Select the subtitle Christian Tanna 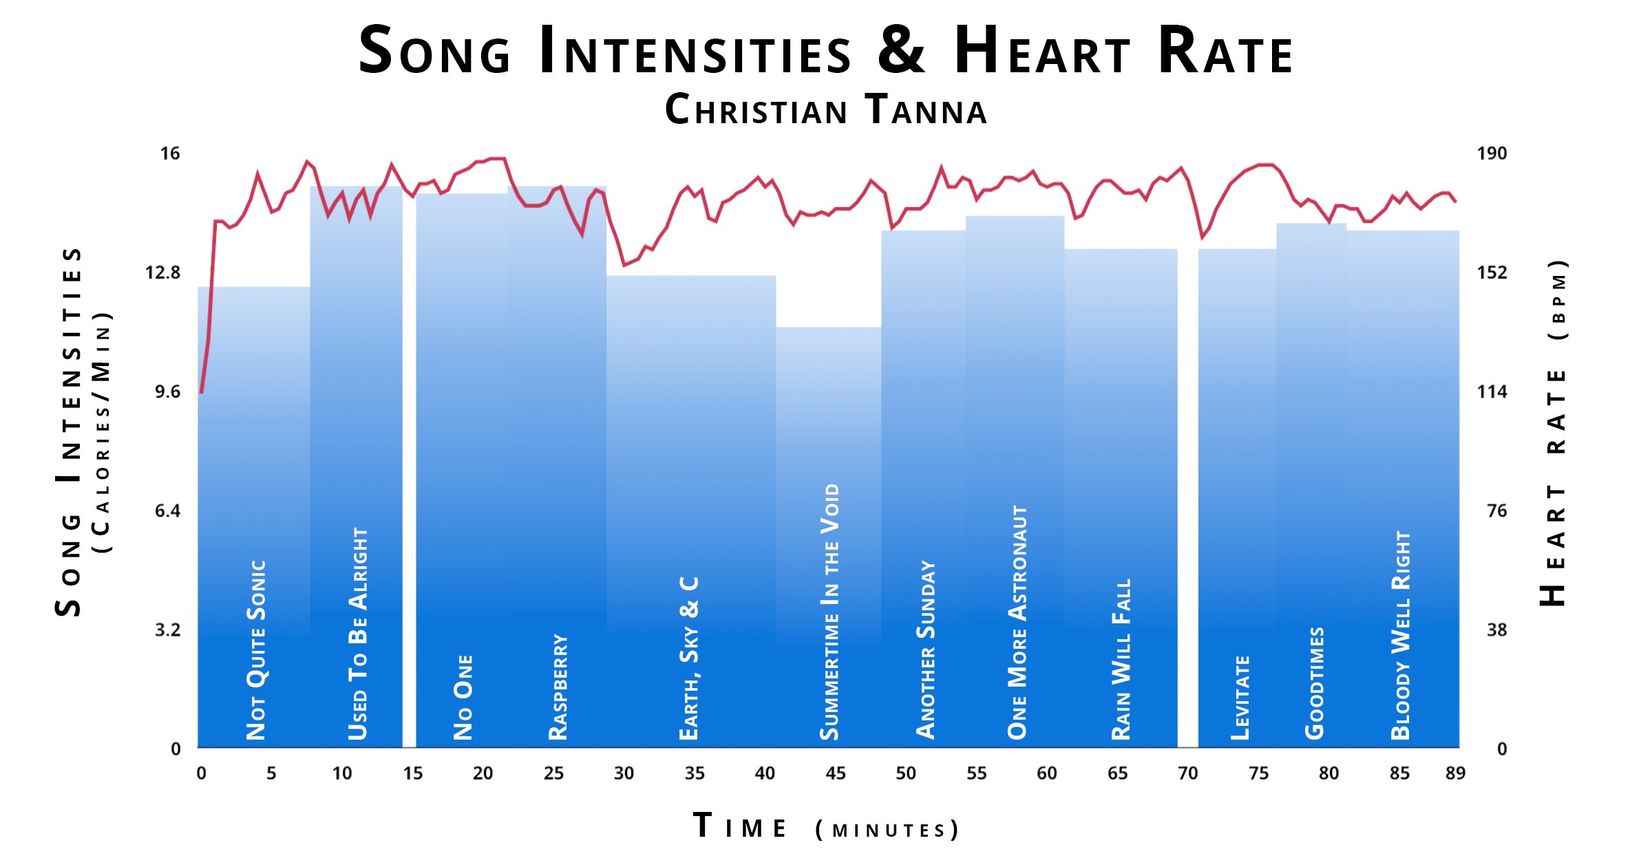click(826, 109)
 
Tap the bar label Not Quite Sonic click(256, 650)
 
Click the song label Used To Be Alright click(358, 634)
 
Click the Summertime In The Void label click(830, 612)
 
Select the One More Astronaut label click(1017, 623)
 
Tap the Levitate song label click(1240, 698)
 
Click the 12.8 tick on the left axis click(162, 272)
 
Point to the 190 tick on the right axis click(1492, 153)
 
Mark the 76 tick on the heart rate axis click(1496, 511)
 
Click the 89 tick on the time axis click(1455, 773)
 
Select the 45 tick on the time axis click(835, 773)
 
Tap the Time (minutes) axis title click(826, 826)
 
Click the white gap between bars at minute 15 click(409, 482)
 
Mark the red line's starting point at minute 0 click(202, 392)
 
